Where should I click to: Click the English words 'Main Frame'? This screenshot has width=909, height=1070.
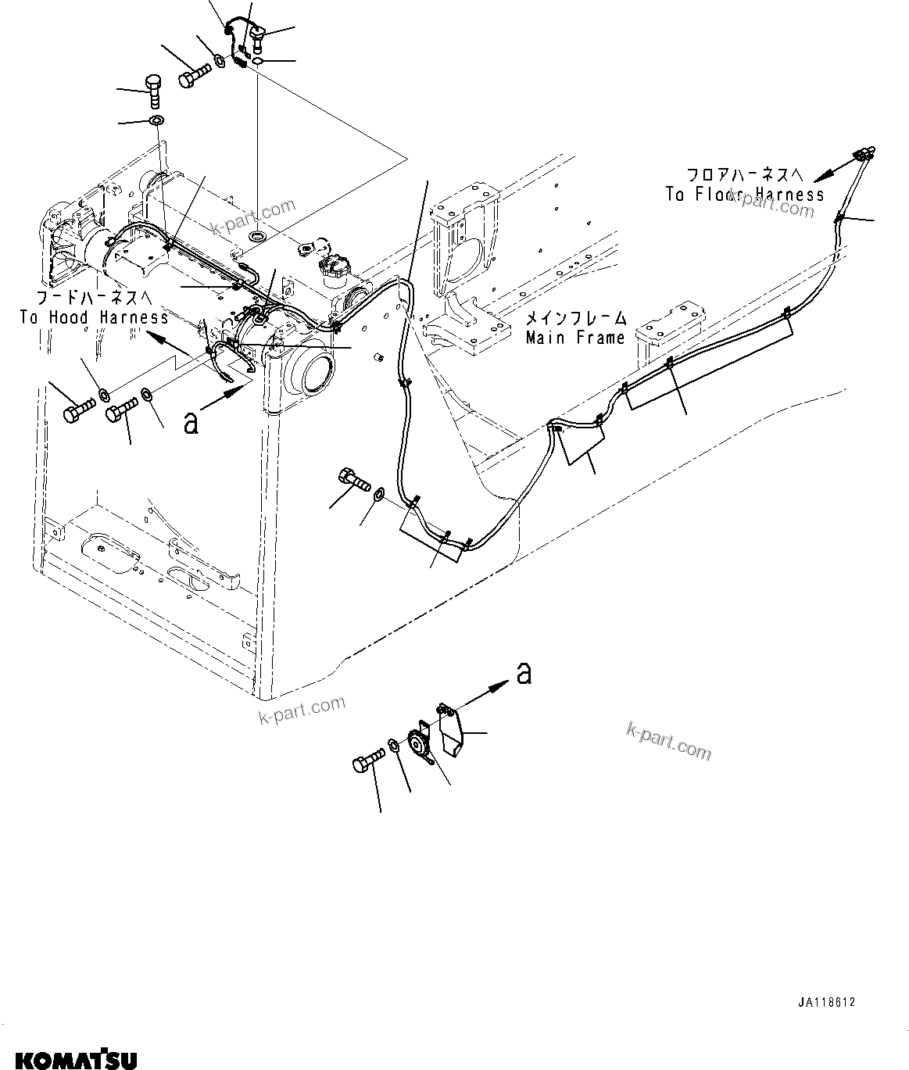tap(575, 338)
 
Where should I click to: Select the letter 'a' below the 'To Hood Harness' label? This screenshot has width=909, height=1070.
tap(190, 422)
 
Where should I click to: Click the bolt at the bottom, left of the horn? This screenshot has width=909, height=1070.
tap(368, 762)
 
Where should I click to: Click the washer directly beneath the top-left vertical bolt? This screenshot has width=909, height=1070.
tap(156, 121)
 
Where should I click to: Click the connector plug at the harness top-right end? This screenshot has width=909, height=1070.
tap(865, 153)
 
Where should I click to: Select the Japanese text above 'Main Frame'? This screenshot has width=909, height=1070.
tap(575, 318)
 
